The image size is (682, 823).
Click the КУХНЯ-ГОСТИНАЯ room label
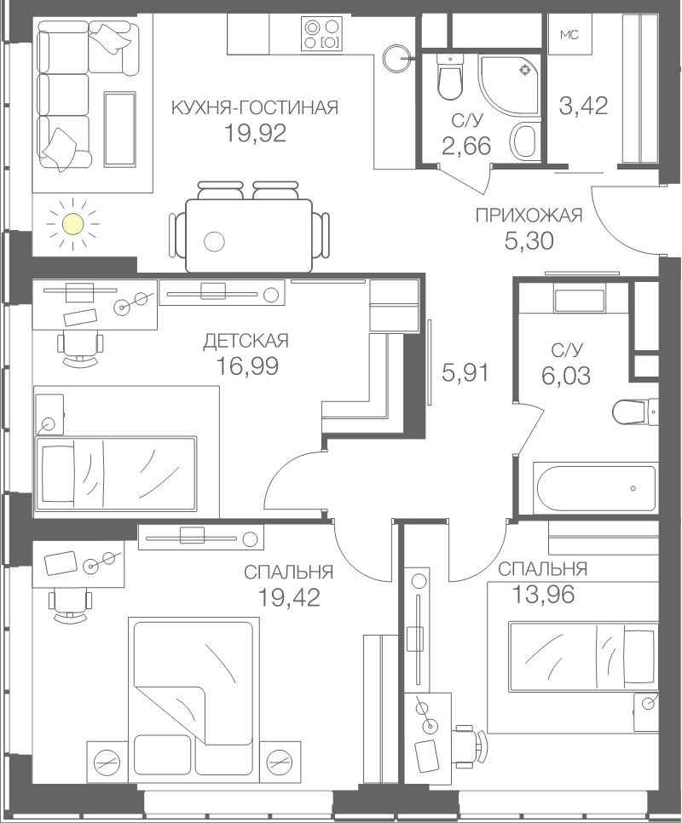point(255,107)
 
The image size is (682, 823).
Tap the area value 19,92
point(255,133)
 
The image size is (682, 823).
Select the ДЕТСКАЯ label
point(246,341)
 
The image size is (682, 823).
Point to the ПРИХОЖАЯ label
point(529,216)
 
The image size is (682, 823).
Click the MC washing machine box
point(569,35)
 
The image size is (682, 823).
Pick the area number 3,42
point(583,106)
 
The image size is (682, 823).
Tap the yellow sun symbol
point(72,224)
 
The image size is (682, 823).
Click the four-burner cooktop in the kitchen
point(321,33)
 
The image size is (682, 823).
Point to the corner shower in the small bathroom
point(508,84)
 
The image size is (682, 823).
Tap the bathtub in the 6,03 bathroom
point(594,487)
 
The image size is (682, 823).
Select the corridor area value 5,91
point(465,373)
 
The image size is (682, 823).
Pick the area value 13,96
point(543,595)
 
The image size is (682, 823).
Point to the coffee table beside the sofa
point(119,129)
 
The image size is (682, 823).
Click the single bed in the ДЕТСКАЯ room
point(115,472)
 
